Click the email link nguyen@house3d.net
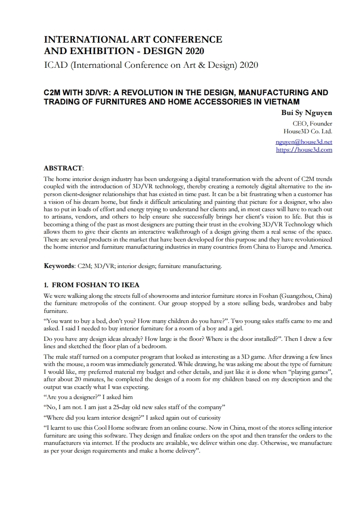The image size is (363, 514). pos(304,142)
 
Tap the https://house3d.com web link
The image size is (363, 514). pos(304,149)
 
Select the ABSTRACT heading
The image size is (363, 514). pos(63,168)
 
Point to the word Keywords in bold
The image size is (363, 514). pos(59,265)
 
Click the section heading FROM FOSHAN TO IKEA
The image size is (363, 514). pos(96,285)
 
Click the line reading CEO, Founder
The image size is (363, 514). pos(313,123)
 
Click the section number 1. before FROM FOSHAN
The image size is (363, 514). pos(46,285)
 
